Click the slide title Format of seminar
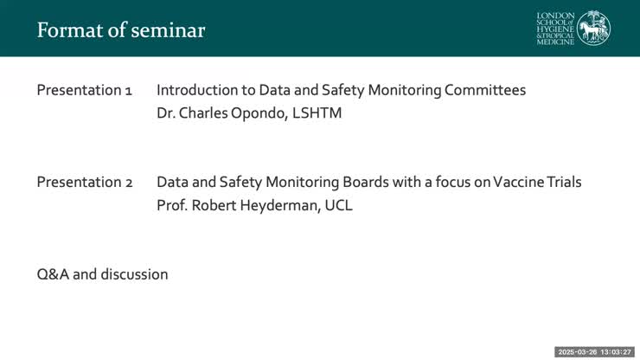tap(121, 30)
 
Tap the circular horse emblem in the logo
tap(593, 29)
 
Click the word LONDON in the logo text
tap(556, 16)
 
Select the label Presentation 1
tap(84, 90)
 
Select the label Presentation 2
tap(84, 182)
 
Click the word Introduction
tap(197, 90)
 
